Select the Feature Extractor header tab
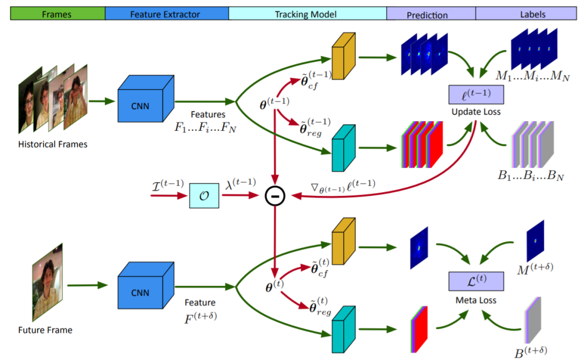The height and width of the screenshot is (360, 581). tap(166, 14)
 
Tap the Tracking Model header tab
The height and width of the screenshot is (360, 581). tap(307, 14)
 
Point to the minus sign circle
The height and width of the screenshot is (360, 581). tap(274, 197)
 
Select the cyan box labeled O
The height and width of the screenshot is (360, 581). tap(204, 195)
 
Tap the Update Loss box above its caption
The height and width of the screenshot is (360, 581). tap(476, 95)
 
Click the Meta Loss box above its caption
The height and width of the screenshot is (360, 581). tap(476, 281)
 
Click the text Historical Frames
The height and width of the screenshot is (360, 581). tap(53, 144)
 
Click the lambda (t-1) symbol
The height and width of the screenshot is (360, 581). tap(240, 182)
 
